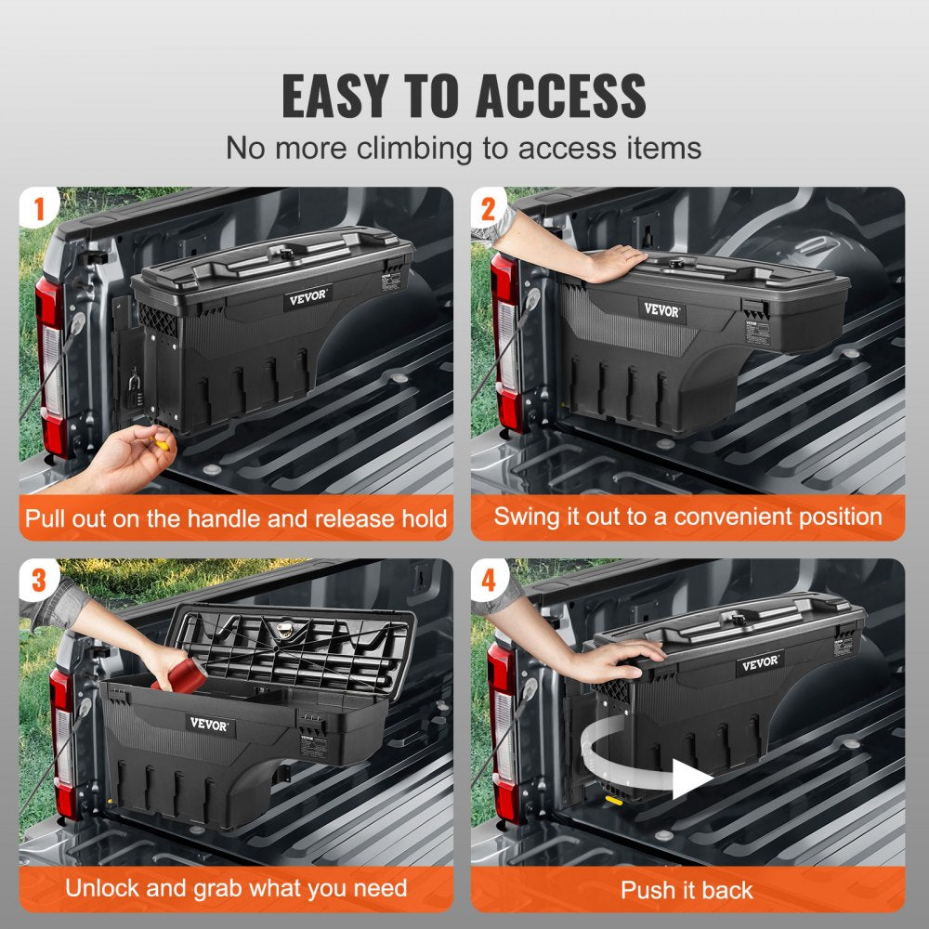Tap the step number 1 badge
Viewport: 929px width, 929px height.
pyautogui.click(x=38, y=209)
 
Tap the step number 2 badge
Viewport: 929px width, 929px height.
pyautogui.click(x=490, y=209)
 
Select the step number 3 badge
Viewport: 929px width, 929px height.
pyautogui.click(x=38, y=581)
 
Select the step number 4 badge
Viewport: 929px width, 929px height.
pyautogui.click(x=490, y=581)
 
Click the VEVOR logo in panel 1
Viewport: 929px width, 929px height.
pyautogui.click(x=307, y=299)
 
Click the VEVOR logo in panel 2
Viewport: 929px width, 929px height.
pyautogui.click(x=661, y=310)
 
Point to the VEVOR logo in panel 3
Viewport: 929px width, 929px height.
pyautogui.click(x=208, y=724)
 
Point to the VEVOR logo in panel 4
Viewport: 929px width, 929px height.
pyautogui.click(x=760, y=663)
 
